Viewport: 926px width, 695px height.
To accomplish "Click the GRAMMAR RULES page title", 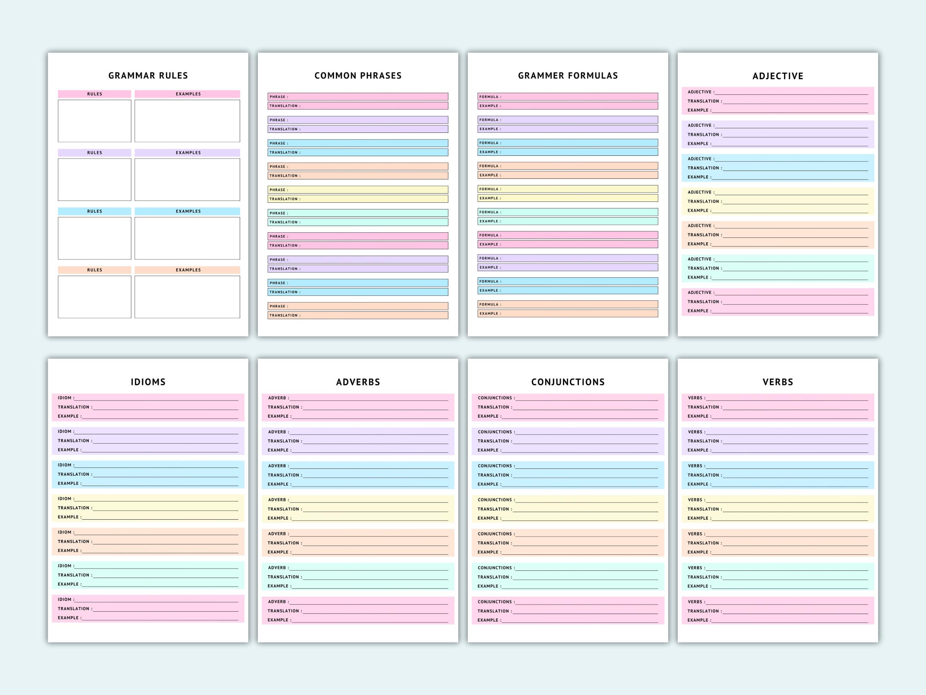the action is pyautogui.click(x=148, y=76).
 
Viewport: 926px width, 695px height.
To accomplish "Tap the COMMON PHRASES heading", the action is pyautogui.click(x=358, y=76).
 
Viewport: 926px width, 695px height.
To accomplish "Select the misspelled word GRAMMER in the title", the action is pyautogui.click(x=541, y=76).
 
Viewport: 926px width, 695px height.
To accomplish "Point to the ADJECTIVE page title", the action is pyautogui.click(x=778, y=76).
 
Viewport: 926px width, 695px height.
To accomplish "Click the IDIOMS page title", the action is pyautogui.click(x=148, y=382).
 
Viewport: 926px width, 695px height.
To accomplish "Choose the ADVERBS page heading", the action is pyautogui.click(x=358, y=382).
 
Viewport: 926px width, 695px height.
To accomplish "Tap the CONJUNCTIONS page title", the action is pyautogui.click(x=568, y=382).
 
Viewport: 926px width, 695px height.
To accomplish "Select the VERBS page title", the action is pyautogui.click(x=778, y=382).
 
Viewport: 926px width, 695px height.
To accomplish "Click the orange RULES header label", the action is pyautogui.click(x=95, y=270).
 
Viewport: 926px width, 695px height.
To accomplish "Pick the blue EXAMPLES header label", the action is pyautogui.click(x=188, y=211).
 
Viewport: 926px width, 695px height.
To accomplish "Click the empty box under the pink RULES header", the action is pyautogui.click(x=95, y=121).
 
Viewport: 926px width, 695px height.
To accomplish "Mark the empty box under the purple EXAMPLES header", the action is pyautogui.click(x=187, y=179).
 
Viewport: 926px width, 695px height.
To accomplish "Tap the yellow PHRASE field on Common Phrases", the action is pyautogui.click(x=358, y=190).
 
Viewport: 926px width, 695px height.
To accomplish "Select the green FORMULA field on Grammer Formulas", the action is pyautogui.click(x=568, y=212).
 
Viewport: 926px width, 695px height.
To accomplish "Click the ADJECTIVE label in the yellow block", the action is pyautogui.click(x=700, y=192).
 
